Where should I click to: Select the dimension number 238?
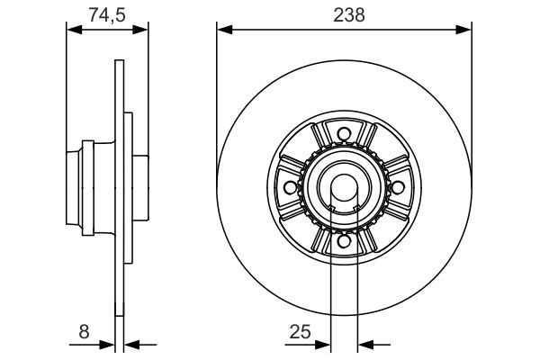coord(344,13)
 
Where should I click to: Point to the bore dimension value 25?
coord(300,332)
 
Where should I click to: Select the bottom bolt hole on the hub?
coord(343,240)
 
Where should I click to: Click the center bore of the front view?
coord(343,188)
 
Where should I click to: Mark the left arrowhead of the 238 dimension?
coord(223,30)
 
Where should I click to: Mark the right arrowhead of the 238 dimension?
coord(465,30)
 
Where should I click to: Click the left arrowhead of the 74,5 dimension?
coord(74,30)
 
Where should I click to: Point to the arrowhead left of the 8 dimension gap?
coord(111,343)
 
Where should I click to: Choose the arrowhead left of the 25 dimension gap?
coord(324,343)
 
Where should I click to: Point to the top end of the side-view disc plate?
coord(120,63)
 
